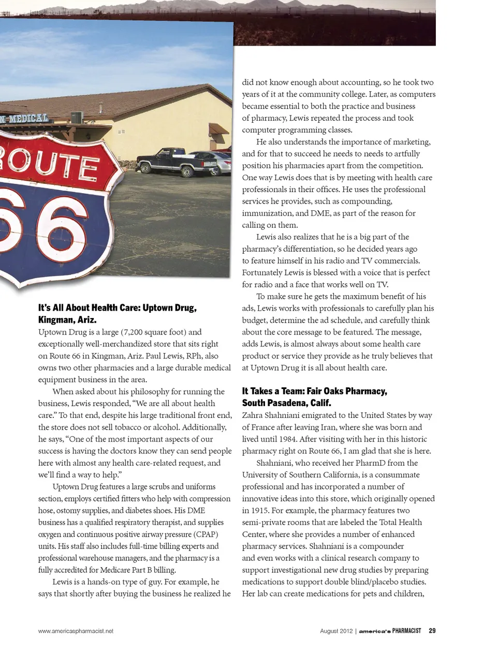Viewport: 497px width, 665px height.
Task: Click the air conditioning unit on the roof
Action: click(77, 118)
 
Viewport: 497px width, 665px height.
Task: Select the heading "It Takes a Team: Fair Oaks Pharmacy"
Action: click(314, 391)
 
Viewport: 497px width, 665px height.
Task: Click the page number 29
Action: click(432, 631)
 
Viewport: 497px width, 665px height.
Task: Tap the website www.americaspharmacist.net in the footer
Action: click(76, 631)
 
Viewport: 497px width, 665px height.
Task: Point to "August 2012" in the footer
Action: click(336, 631)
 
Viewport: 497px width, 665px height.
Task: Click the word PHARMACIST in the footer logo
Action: click(406, 631)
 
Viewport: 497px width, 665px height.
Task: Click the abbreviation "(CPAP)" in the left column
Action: click(206, 534)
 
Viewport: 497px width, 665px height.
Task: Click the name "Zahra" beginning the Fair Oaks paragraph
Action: click(253, 415)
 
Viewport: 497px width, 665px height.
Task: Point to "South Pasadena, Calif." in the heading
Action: click(286, 403)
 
